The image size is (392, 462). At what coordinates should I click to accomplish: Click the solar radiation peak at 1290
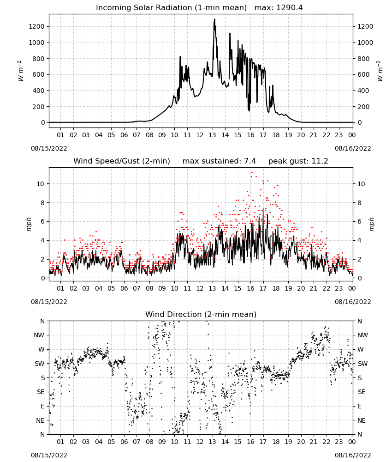[214, 19]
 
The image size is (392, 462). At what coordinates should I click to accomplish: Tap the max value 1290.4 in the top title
[289, 8]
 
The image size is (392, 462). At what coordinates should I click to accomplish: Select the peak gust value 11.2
[320, 161]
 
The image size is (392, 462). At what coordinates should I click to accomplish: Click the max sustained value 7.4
[250, 161]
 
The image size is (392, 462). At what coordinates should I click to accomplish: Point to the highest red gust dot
[252, 173]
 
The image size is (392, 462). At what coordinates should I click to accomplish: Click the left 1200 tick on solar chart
[36, 26]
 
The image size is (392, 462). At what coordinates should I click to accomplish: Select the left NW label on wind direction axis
[39, 335]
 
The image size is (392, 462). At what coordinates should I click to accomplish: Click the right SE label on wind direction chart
[362, 392]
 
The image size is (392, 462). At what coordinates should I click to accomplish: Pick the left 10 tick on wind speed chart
[41, 184]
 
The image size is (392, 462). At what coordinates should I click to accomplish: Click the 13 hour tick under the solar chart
[212, 135]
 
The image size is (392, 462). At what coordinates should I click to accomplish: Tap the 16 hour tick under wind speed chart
[250, 288]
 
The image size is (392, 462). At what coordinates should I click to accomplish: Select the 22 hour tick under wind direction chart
[327, 442]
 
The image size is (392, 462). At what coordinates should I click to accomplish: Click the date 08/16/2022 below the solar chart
[353, 148]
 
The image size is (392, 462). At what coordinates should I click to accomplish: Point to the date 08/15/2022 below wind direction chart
[49, 455]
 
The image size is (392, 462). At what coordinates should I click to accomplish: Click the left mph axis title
[29, 225]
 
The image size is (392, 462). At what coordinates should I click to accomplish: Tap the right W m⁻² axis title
[380, 71]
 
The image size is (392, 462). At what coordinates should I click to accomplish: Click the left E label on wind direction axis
[42, 406]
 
